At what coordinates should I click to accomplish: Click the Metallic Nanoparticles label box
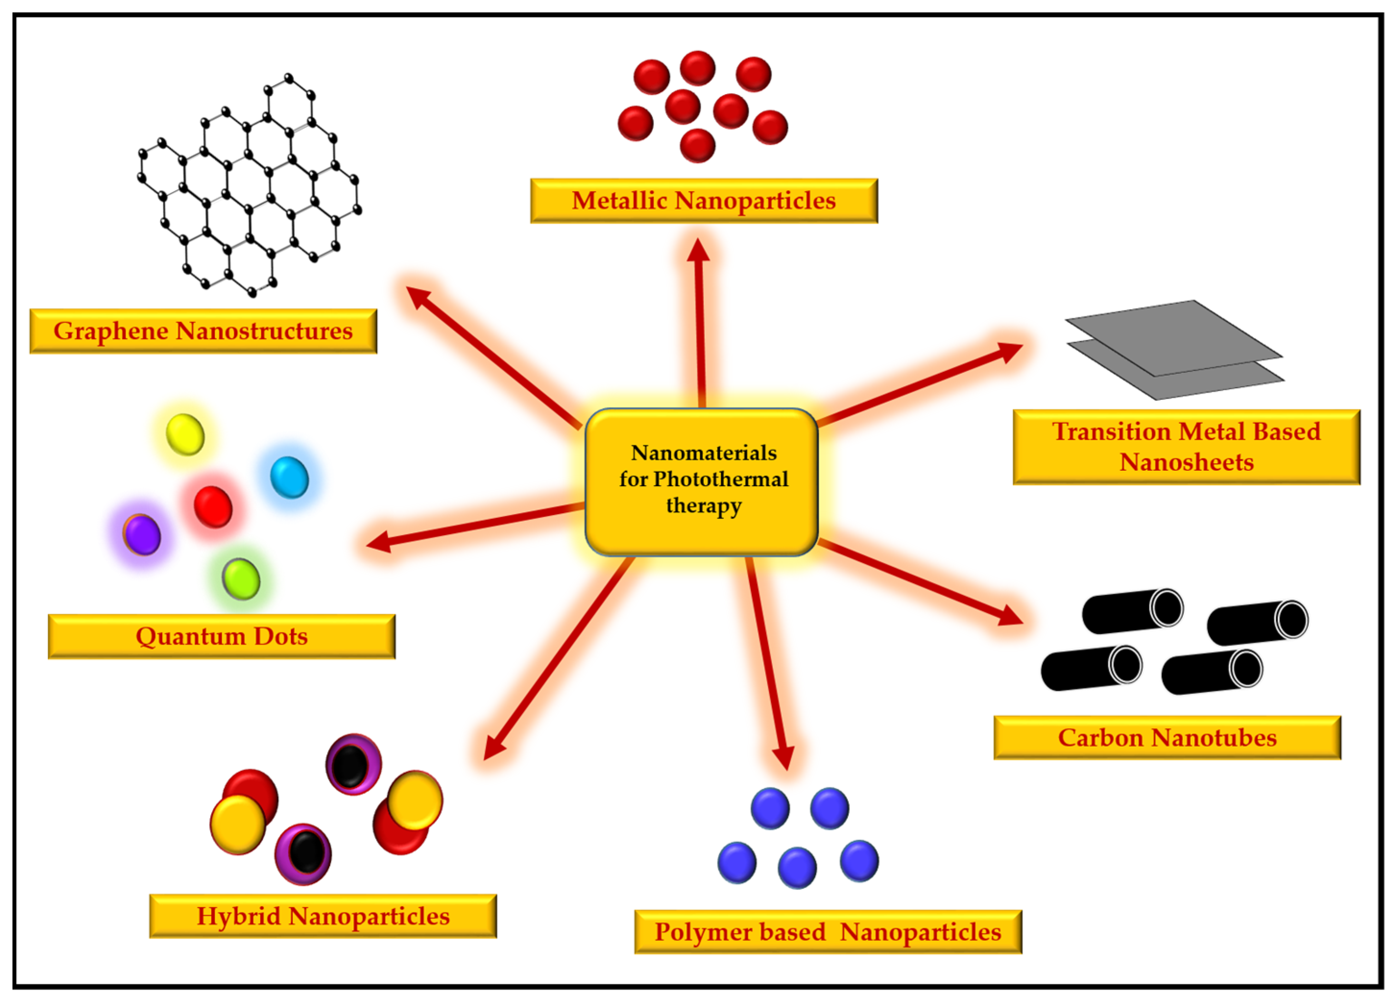pos(704,201)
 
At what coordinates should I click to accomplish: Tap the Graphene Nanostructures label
pos(203,331)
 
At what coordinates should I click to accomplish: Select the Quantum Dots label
pos(222,636)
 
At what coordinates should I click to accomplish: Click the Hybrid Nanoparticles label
pos(323,916)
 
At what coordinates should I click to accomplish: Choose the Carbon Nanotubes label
pos(1167,738)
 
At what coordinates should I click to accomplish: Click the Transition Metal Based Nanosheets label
pos(1186,447)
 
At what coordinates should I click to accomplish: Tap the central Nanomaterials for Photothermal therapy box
pos(702,480)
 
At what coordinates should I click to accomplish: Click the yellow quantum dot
pos(185,434)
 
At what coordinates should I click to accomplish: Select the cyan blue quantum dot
pos(289,477)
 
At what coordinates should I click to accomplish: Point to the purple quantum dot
pos(142,535)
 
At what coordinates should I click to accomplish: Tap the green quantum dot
pos(241,578)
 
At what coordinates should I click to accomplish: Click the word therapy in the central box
pos(704,506)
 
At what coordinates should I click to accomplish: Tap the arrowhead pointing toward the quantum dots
pos(379,542)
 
